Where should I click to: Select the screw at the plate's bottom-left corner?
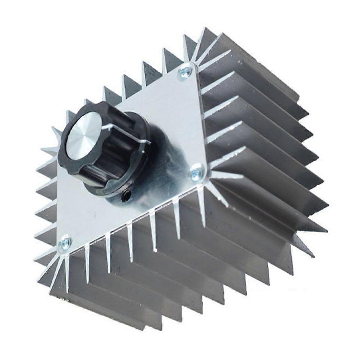coord(65,244)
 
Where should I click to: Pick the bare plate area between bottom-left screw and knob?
coord(90,215)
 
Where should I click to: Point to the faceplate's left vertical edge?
coord(59,200)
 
